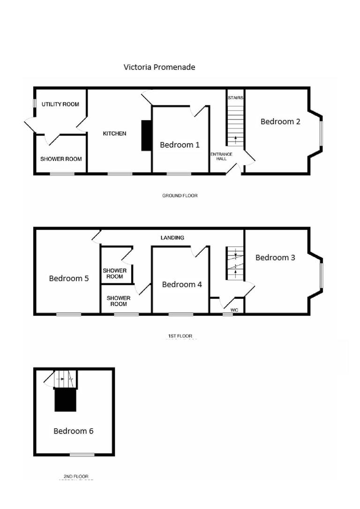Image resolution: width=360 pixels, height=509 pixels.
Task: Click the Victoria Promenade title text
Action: click(159, 67)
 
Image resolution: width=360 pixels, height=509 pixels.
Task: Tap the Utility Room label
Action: click(60, 104)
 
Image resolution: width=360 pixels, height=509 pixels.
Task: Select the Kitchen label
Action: click(115, 134)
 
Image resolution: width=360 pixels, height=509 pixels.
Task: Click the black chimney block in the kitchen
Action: click(146, 136)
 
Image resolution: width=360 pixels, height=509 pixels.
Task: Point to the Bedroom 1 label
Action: click(180, 145)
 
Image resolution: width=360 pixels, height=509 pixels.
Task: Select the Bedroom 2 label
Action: click(280, 122)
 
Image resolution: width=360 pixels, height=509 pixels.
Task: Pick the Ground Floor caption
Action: click(180, 195)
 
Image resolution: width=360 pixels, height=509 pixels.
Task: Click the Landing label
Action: click(172, 238)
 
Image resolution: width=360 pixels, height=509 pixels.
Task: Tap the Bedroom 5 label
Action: click(69, 279)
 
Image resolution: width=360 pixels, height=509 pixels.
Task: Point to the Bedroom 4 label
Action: click(182, 284)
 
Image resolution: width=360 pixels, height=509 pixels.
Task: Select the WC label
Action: click(234, 310)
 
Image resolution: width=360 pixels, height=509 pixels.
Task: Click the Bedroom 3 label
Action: click(275, 258)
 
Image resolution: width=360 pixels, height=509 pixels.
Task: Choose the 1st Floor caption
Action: click(180, 336)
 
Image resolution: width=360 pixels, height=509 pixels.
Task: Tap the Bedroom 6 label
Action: click(73, 431)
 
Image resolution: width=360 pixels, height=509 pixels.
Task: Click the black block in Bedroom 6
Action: click(65, 400)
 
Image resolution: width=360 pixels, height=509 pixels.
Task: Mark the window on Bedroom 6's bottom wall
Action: click(82, 454)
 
